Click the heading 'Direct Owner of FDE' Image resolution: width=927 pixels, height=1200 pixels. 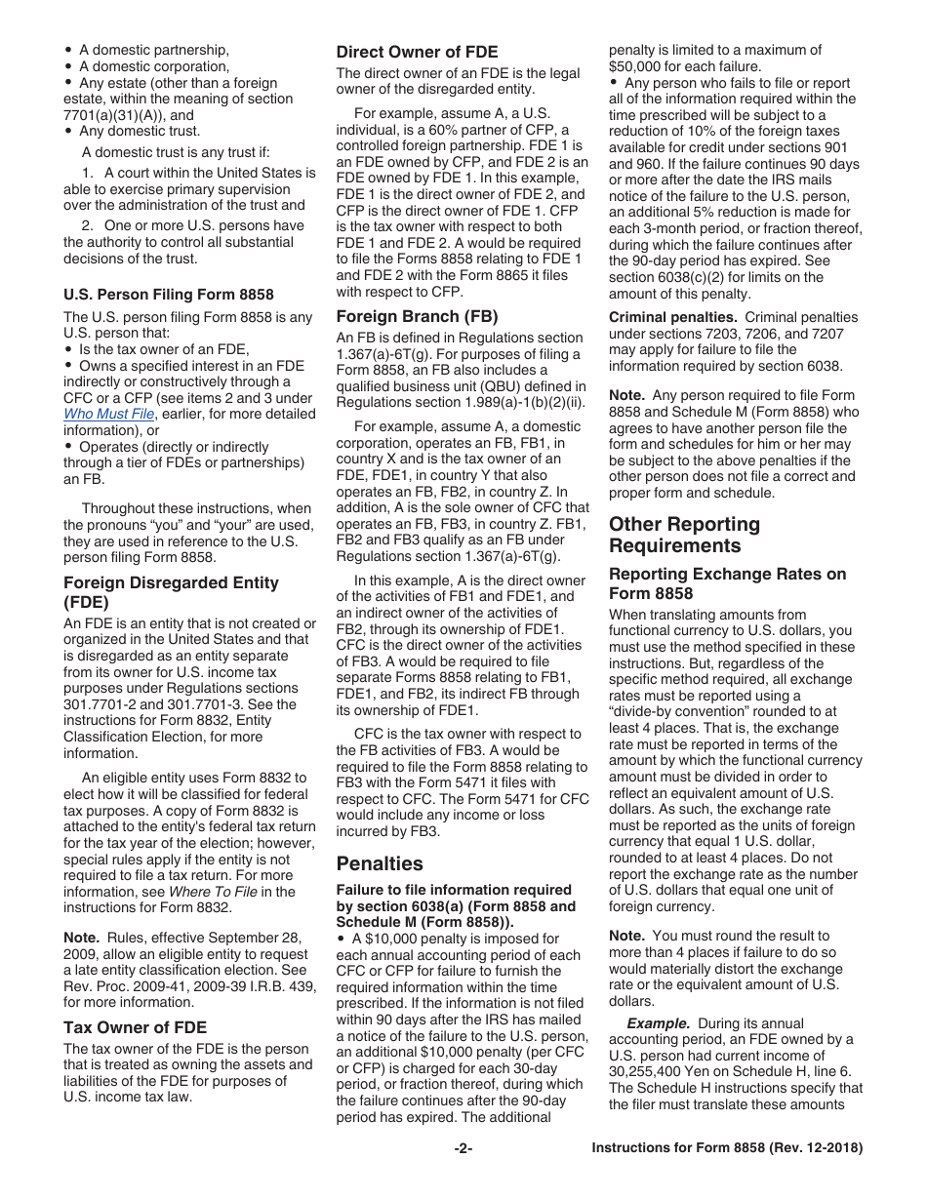pos(417,52)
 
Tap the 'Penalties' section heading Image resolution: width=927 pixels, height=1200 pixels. pos(380,863)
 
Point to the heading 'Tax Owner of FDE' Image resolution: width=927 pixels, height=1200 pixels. pos(135,1026)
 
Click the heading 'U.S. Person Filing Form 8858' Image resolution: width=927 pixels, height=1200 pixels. pos(169,295)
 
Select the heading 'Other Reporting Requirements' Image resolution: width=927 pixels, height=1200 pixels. pos(684,535)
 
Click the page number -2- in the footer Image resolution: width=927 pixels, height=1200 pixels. pos(463,1148)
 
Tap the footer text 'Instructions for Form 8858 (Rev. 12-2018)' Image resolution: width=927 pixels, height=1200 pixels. pos(727,1148)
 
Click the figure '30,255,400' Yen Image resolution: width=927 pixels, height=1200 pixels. pos(649,1071)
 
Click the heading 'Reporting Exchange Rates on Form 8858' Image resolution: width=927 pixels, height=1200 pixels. pos(727,583)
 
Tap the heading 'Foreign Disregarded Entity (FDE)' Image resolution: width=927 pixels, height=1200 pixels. pos(171,592)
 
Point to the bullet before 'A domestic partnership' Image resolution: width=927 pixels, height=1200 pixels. pos(68,50)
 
